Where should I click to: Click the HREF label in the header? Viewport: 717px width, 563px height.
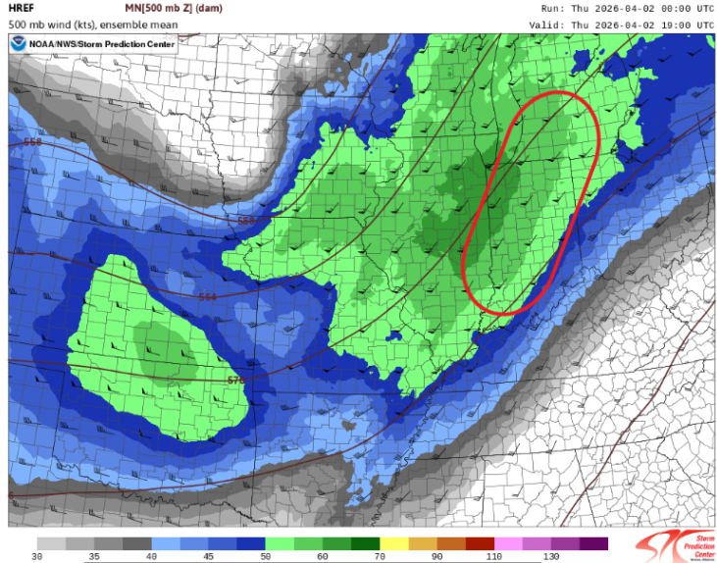(22, 9)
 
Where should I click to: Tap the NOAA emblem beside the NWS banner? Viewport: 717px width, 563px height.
(19, 43)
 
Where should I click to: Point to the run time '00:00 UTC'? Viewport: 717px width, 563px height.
(682, 9)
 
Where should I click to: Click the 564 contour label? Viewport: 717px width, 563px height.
(207, 297)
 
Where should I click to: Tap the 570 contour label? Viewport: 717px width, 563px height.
(236, 380)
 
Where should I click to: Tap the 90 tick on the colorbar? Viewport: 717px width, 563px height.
(438, 557)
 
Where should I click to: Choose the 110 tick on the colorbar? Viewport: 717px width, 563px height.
(495, 557)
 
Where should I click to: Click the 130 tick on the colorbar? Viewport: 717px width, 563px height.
(552, 557)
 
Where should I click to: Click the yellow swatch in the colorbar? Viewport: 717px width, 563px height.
(395, 542)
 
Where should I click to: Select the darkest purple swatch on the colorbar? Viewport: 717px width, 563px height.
(594, 542)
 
